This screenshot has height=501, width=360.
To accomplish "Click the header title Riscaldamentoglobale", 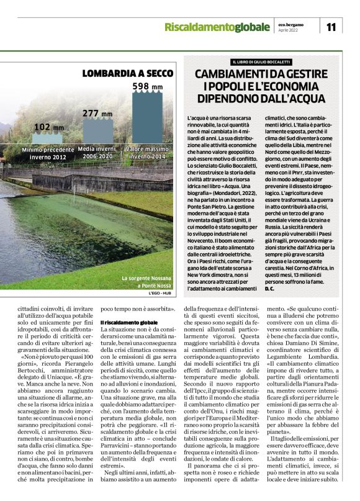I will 218,27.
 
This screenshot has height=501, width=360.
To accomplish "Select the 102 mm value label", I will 48,127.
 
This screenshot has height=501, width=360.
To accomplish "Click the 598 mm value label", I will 148,86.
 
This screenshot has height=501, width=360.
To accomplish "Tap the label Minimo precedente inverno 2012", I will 48,153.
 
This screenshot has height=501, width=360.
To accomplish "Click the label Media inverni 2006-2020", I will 97,153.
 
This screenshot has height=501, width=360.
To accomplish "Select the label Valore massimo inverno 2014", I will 148,153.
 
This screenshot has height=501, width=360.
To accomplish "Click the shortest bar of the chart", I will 48,140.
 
